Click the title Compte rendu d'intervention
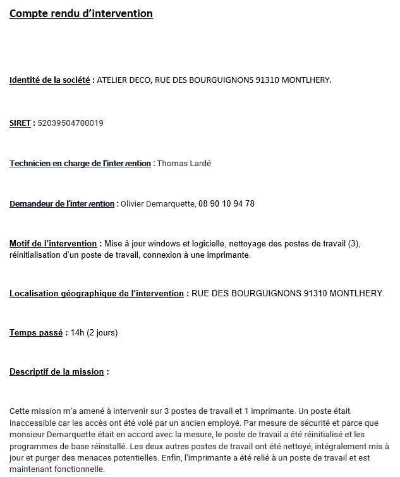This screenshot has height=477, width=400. click(x=81, y=13)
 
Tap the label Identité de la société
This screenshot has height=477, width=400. click(x=49, y=80)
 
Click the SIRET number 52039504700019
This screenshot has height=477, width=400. click(x=70, y=123)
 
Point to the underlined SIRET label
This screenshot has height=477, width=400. click(x=20, y=123)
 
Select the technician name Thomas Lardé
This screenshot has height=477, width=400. click(x=184, y=164)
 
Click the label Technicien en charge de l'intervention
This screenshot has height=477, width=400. click(x=80, y=164)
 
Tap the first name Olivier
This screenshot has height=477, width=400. click(x=133, y=204)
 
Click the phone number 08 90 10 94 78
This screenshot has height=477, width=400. click(x=226, y=204)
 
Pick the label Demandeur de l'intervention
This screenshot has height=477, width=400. click(x=62, y=204)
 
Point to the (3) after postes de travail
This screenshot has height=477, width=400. click(x=353, y=244)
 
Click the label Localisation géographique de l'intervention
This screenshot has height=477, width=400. click(x=96, y=294)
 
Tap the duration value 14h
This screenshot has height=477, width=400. click(x=77, y=333)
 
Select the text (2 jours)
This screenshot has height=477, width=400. click(x=102, y=333)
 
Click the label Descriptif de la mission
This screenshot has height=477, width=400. click(x=56, y=372)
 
